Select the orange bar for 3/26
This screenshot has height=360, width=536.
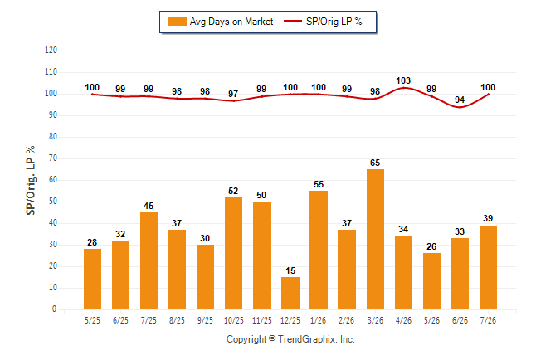pyautogui.click(x=375, y=240)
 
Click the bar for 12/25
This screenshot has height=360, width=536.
pyautogui.click(x=290, y=294)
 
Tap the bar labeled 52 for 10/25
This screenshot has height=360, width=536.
pyautogui.click(x=233, y=253)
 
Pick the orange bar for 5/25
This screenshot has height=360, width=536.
pyautogui.click(x=92, y=279)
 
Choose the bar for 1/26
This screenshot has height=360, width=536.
pyautogui.click(x=319, y=251)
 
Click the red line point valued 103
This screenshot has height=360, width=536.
pyautogui.click(x=403, y=88)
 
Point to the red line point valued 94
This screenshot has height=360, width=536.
pyautogui.click(x=460, y=107)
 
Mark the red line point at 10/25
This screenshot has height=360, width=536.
pyautogui.click(x=233, y=101)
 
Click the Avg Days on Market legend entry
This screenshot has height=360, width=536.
pyautogui.click(x=220, y=22)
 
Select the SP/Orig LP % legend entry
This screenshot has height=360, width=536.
pyautogui.click(x=323, y=22)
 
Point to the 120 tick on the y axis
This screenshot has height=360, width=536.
pyautogui.click(x=51, y=51)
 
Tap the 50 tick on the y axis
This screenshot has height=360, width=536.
pyautogui.click(x=52, y=202)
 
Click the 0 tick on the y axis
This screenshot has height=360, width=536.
pyautogui.click(x=54, y=309)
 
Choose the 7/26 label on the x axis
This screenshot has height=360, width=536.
pyautogui.click(x=488, y=320)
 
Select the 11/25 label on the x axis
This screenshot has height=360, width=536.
pyautogui.click(x=262, y=320)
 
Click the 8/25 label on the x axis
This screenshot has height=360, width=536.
pyautogui.click(x=177, y=320)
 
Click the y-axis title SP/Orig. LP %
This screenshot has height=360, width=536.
pyautogui.click(x=31, y=180)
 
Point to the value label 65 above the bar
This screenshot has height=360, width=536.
pyautogui.click(x=375, y=163)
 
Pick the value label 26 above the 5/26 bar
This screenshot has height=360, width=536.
pyautogui.click(x=431, y=246)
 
